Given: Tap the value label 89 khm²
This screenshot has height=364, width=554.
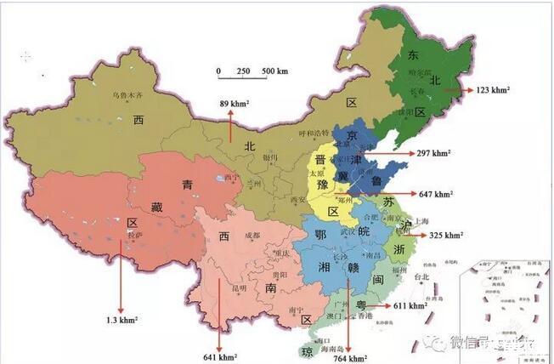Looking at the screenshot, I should click(x=233, y=104).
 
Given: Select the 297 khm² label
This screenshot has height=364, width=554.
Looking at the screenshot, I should click(x=434, y=153).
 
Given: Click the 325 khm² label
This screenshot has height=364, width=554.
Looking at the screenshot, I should click(x=446, y=235).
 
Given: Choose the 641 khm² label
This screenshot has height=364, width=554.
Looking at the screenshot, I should click(x=220, y=357).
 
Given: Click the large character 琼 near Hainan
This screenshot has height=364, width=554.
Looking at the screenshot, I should click(x=305, y=351).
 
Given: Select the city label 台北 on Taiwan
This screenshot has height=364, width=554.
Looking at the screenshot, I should click(x=420, y=276).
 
